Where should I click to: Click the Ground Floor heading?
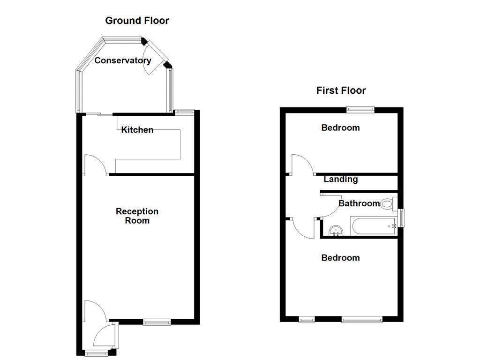tap(137, 21)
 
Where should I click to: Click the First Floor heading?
tap(341, 90)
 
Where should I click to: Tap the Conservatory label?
tap(123, 60)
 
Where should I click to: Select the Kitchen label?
tap(137, 130)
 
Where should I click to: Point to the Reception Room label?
tap(137, 216)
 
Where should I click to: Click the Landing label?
tap(341, 179)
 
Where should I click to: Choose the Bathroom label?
tap(359, 203)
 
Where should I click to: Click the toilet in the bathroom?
tap(387, 204)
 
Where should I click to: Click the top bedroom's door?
tap(303, 165)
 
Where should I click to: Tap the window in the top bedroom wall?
tap(360, 110)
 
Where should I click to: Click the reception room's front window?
tap(157, 322)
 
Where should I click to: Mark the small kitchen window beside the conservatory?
tap(184, 112)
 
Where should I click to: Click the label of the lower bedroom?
tap(341, 258)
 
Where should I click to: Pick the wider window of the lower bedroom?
tap(362, 320)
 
